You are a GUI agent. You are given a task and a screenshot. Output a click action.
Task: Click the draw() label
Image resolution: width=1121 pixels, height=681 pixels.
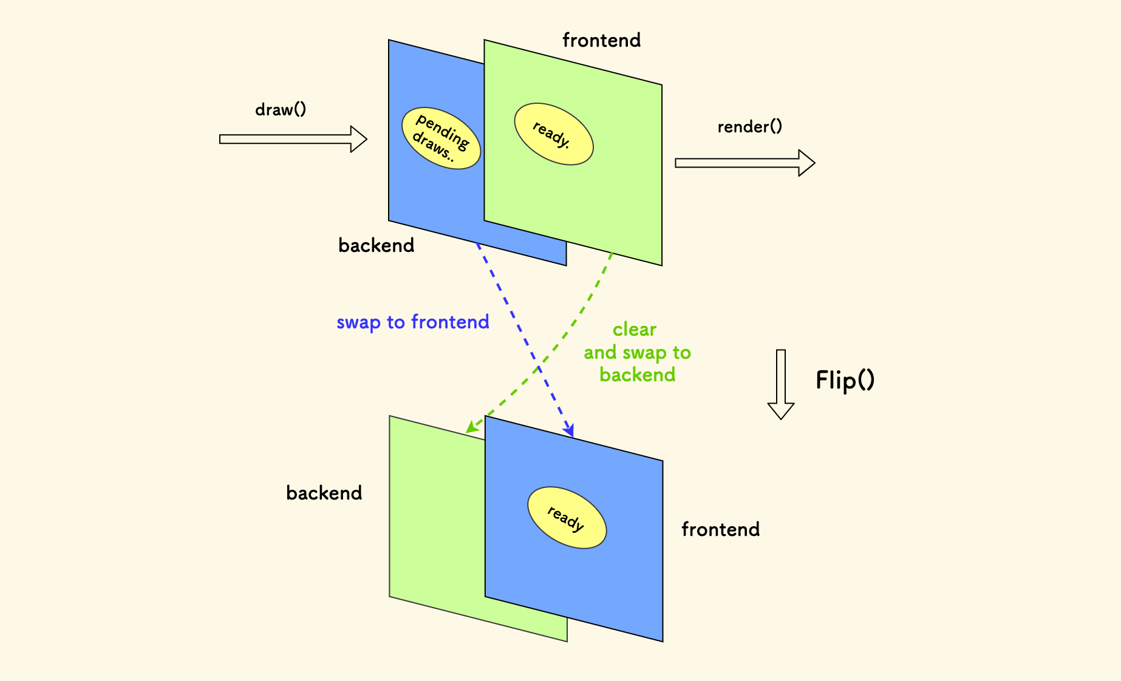tap(281, 110)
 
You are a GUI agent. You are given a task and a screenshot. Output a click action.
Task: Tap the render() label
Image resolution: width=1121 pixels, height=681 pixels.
tap(749, 127)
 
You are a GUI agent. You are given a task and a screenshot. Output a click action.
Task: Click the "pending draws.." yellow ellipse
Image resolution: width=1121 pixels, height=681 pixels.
tap(441, 138)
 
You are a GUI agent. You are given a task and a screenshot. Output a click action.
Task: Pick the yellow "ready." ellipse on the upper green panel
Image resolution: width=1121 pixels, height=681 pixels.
tap(553, 134)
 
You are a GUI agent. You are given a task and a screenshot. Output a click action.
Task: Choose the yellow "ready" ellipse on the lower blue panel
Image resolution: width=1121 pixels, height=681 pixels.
tap(567, 518)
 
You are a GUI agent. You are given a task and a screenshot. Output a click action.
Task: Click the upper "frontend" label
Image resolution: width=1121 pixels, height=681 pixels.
tap(601, 40)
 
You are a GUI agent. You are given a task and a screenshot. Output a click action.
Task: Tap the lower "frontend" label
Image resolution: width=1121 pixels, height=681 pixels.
tap(720, 529)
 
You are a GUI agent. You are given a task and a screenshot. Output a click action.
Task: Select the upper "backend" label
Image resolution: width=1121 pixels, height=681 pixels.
tap(376, 245)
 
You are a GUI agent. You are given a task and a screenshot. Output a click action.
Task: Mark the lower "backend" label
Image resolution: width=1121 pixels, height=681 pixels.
tap(324, 493)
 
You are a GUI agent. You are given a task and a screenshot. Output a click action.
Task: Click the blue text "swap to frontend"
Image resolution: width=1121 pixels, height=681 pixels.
tap(412, 322)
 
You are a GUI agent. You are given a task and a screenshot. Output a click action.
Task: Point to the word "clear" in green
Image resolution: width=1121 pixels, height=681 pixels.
tap(635, 330)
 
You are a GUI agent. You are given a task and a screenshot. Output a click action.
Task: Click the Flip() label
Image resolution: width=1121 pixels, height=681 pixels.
tap(845, 381)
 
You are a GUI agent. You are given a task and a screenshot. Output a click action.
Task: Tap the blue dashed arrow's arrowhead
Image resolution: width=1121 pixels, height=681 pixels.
tap(569, 430)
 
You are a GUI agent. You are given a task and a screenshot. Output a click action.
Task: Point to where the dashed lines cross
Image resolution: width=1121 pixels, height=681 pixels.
tap(539, 367)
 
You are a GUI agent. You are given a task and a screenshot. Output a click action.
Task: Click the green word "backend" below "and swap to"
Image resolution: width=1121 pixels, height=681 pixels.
tap(637, 375)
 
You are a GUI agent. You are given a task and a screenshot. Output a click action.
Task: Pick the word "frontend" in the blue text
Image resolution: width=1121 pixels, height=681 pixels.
tap(450, 322)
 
